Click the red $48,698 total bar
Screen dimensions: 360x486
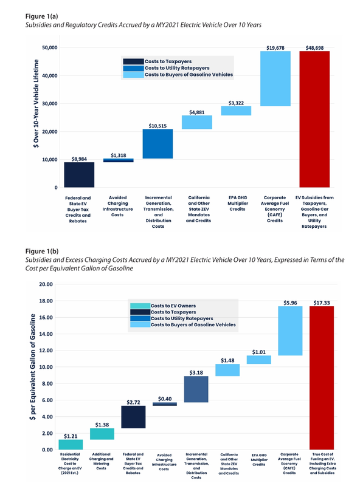coord(314,119)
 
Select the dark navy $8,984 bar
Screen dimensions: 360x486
coord(79,175)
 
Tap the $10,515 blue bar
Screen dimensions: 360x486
coord(157,144)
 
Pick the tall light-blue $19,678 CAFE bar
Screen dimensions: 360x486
coord(275,79)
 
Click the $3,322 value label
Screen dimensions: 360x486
coord(236,103)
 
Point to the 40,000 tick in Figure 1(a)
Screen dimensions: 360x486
coord(50,75)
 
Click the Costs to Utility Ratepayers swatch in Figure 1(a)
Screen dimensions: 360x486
coord(133,68)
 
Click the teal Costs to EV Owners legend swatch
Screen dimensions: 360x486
coord(140,306)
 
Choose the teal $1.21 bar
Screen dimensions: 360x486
coord(71,445)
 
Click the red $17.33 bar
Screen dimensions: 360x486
coord(322,378)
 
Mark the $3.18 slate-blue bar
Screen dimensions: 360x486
coord(196,389)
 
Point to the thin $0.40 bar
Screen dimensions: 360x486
coord(164,404)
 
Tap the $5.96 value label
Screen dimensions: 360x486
coord(290,303)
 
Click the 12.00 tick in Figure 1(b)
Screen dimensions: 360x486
coord(46,351)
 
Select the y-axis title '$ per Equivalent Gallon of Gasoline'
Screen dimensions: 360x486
coord(33,367)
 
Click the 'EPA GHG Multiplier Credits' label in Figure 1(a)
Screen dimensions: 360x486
coord(238,204)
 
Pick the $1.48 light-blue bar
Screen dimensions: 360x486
coord(227,370)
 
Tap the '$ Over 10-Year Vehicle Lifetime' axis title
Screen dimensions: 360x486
coord(36,103)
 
